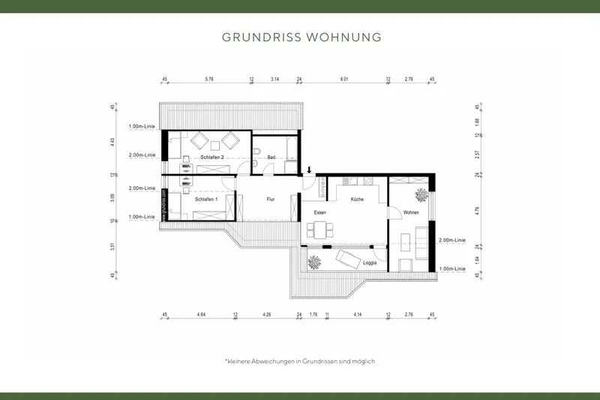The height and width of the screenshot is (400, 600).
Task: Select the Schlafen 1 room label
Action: [x=206, y=200]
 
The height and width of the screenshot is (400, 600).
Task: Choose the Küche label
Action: [x=356, y=200]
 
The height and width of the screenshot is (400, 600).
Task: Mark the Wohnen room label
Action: [x=411, y=212]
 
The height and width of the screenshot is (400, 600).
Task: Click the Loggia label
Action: [x=370, y=263]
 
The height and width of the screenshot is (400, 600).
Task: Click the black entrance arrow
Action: [x=310, y=171]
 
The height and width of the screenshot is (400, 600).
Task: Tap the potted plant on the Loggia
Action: [x=312, y=262]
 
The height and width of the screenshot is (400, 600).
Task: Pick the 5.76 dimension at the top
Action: [x=210, y=78]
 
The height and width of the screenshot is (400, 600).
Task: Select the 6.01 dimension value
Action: [x=345, y=78]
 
